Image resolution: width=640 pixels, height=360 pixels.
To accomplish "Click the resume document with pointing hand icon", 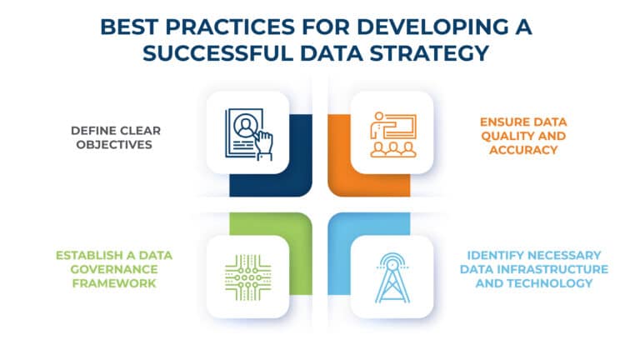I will [247, 132].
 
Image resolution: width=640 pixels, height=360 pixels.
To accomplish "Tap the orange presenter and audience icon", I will [391, 132].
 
